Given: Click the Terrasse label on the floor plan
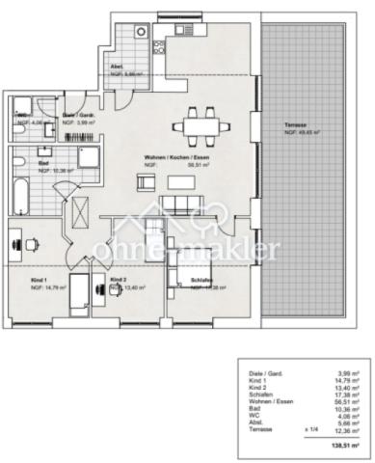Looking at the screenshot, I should pos(296,126).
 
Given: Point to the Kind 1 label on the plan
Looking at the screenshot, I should pos(40,280).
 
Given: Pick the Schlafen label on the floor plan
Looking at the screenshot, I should pos(176,280).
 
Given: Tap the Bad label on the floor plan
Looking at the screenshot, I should pos(44,163).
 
